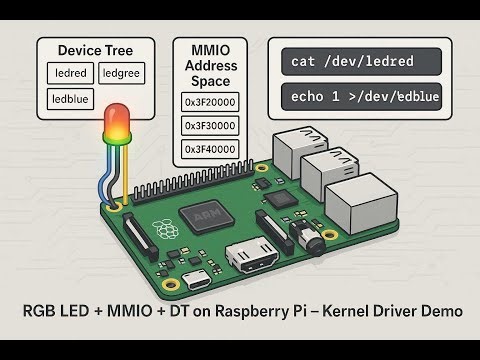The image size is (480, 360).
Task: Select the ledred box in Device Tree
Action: click(x=71, y=73)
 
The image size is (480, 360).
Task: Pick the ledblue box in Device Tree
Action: click(x=71, y=99)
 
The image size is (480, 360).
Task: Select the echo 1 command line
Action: click(x=362, y=98)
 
